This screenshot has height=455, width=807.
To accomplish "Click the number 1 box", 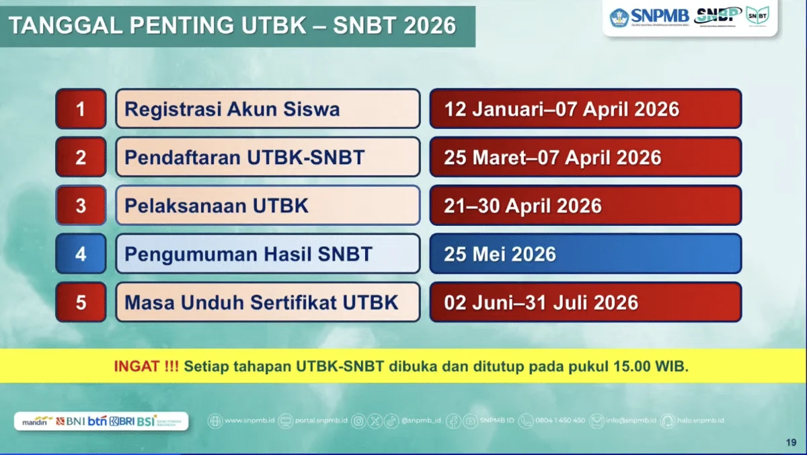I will tap(81, 109).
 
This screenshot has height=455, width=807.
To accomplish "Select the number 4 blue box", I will tap(81, 253).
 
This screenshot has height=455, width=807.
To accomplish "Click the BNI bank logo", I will tap(71, 421).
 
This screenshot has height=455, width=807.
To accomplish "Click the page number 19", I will tap(791, 442).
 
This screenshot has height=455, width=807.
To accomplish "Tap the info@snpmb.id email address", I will tap(630, 421).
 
